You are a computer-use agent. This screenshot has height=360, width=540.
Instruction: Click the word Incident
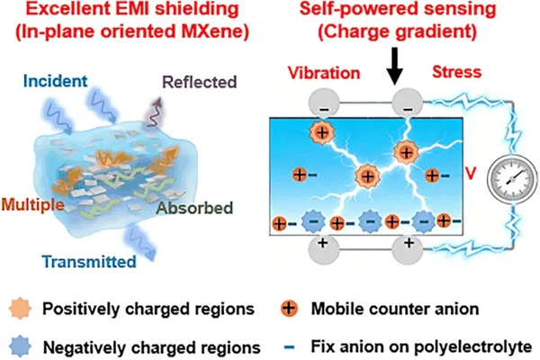55,81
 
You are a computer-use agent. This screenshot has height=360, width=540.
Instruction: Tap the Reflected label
200,82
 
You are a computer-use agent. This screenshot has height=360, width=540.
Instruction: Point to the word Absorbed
194,208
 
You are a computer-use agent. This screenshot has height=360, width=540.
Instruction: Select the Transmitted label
89,262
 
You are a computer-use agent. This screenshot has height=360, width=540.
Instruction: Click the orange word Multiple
32,204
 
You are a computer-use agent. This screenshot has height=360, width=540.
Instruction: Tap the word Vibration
324,73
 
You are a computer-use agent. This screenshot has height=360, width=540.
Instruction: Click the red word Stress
456,72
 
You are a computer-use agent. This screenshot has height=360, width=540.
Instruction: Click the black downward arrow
395,66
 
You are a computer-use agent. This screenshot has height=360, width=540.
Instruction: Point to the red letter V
471,174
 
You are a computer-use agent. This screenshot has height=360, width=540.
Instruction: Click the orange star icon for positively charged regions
21,309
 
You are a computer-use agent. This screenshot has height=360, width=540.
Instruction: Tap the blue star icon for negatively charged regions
21,346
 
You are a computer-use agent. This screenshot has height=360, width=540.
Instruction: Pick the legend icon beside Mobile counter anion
289,308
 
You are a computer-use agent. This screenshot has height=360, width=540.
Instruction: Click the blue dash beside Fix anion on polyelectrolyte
289,346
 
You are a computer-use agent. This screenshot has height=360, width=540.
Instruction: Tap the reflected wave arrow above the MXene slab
155,112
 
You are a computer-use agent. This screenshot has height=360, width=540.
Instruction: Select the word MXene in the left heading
215,31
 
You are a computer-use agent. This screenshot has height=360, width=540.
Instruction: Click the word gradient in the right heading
436,31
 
